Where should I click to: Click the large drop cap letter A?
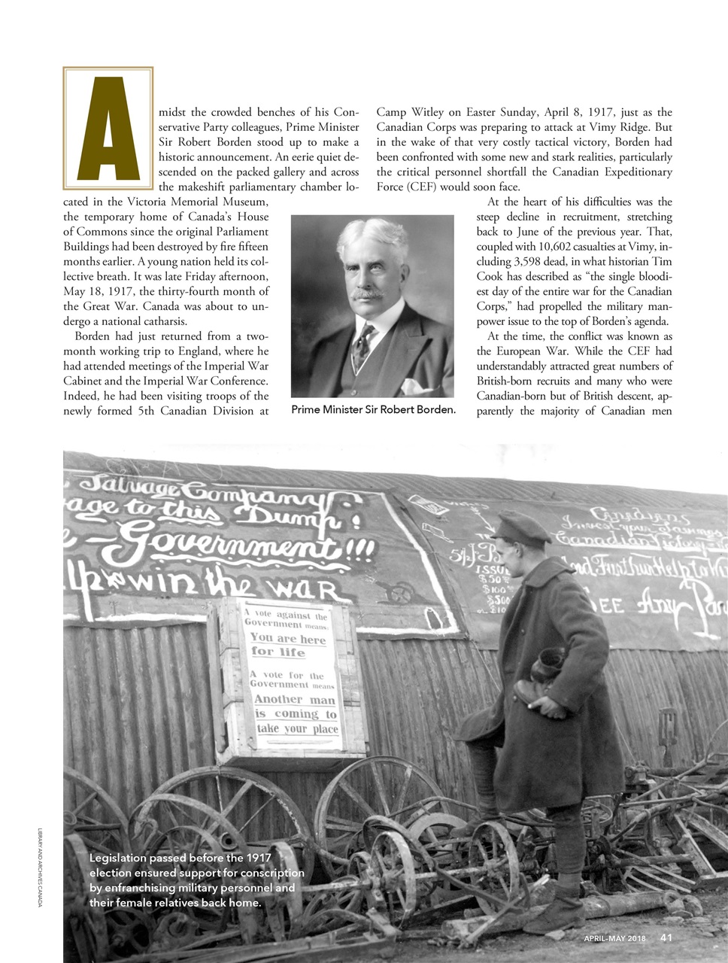click(108, 128)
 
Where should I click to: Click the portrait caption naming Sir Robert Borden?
click(373, 410)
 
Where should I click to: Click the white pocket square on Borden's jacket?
click(416, 387)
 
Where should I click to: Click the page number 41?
click(666, 937)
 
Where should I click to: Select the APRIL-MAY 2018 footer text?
click(614, 938)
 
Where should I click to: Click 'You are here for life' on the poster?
click(288, 645)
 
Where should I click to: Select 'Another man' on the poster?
click(295, 699)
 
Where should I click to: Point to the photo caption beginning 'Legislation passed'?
click(196, 880)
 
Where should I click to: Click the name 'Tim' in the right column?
click(661, 261)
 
